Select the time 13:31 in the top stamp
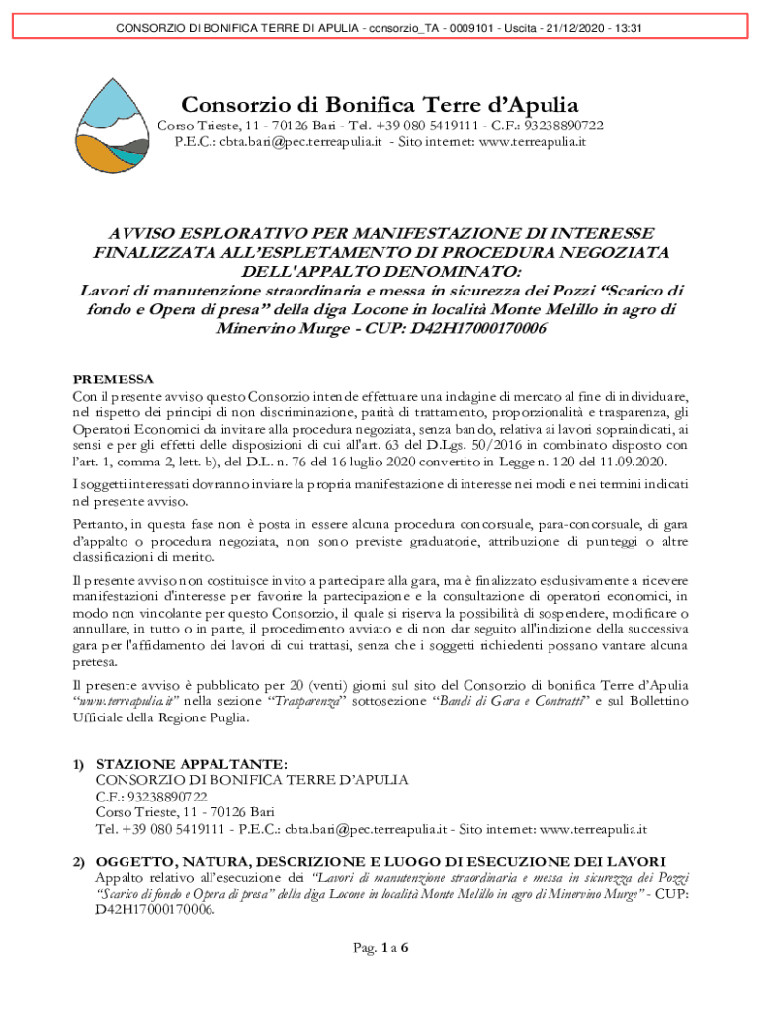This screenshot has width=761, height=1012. (x=628, y=27)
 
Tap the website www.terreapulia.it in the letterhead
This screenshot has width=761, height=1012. (x=532, y=141)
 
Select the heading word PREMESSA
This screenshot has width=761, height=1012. (x=114, y=379)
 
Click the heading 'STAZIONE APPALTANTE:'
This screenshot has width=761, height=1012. (x=191, y=764)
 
